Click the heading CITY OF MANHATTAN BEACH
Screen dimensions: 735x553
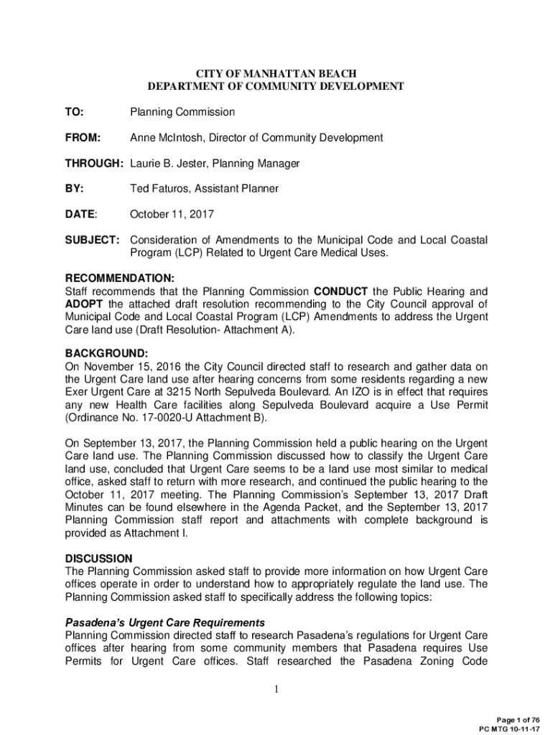(x=276, y=73)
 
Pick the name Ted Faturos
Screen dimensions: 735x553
(x=159, y=189)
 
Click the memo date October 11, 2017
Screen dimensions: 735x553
(x=172, y=215)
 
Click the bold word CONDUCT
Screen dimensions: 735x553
(x=341, y=291)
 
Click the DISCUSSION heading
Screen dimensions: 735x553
(x=98, y=558)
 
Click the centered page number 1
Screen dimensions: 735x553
(x=276, y=690)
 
